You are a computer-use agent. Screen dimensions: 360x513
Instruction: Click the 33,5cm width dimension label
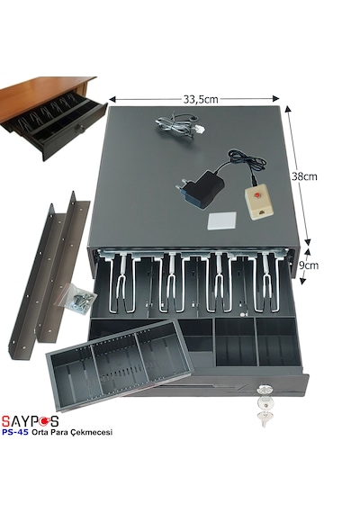coord(201,99)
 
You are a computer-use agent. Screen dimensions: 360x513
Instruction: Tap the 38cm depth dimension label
coord(304,176)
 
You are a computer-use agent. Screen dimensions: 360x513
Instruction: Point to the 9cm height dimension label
coord(309,265)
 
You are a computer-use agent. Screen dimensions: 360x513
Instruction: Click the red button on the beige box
coord(257,195)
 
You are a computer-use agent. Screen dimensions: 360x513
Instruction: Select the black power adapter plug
coord(201,189)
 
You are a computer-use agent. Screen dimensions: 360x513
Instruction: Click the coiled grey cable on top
coord(180,125)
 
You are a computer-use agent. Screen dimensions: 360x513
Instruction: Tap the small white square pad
coord(222,221)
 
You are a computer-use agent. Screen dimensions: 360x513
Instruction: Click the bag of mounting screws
coord(78,299)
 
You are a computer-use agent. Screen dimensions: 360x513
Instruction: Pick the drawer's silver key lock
coord(263,390)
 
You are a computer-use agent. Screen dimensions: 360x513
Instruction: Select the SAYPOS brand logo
coord(30,421)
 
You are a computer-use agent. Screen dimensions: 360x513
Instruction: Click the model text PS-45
coord(15,432)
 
